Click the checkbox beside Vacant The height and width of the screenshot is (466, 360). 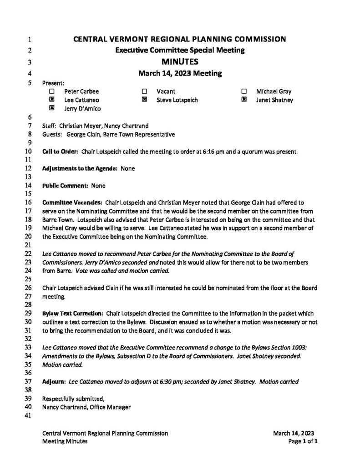tap(144, 91)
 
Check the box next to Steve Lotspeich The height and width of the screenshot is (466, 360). tap(144, 100)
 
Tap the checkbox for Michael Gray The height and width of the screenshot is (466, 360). tap(244, 91)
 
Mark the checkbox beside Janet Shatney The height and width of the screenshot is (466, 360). tap(244, 100)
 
